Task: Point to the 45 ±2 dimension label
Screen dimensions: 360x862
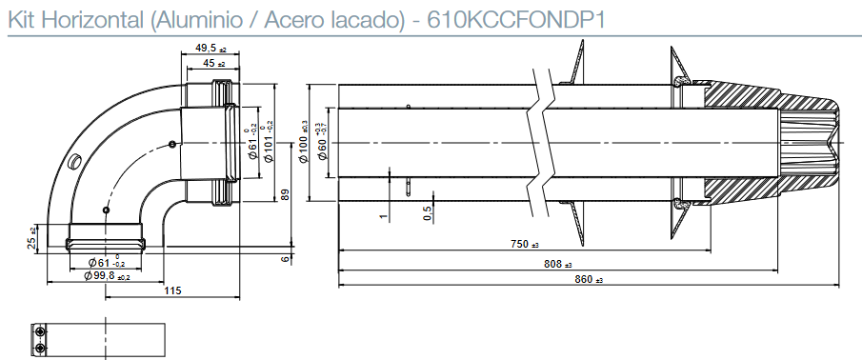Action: point(210,63)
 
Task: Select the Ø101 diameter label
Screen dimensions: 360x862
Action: point(267,142)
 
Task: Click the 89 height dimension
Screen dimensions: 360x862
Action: point(286,194)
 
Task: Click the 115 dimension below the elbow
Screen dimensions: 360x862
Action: point(172,290)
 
